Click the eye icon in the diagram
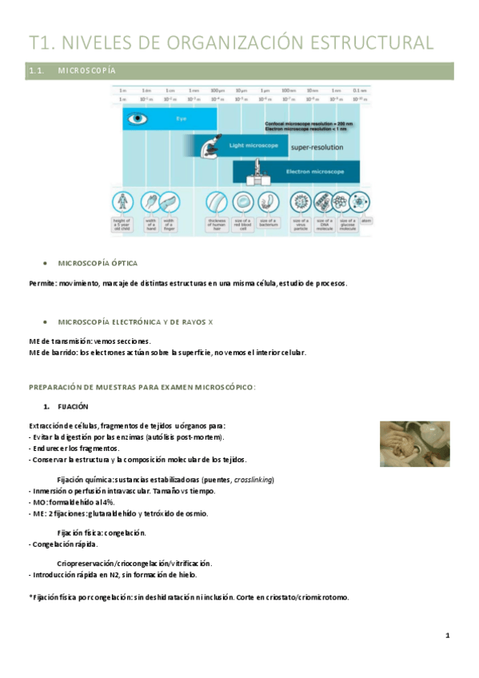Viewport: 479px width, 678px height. coord(138,119)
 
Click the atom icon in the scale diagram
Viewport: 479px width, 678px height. coord(366,219)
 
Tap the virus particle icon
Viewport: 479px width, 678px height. coord(301,202)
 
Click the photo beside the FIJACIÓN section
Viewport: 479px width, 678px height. coord(408,444)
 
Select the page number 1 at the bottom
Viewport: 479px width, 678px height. coord(448,636)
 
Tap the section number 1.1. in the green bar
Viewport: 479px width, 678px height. coord(38,72)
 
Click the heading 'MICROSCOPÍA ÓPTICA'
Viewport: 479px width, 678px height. coord(98,263)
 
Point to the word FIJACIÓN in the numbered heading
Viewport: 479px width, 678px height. coord(73,406)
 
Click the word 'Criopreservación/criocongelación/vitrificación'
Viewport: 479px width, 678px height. coord(134,564)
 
